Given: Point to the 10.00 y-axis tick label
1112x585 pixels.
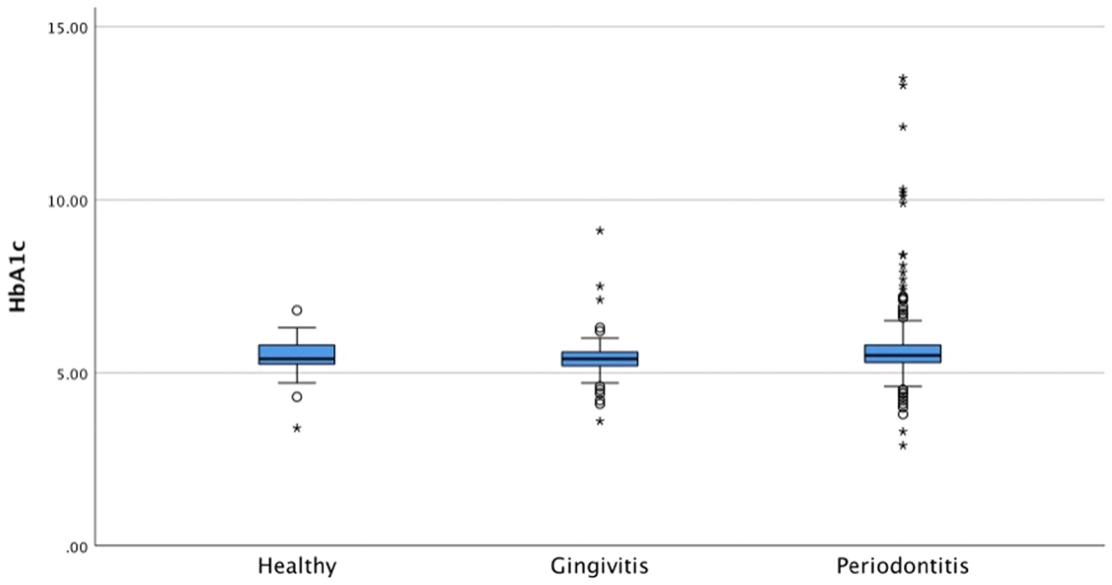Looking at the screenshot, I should tap(67, 202).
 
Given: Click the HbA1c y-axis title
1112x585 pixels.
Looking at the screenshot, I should tap(18, 277).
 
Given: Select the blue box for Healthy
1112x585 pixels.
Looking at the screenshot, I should tap(297, 354).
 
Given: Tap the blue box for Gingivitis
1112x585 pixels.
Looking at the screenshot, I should tap(599, 359).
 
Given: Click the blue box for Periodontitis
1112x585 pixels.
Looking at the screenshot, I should tap(903, 354).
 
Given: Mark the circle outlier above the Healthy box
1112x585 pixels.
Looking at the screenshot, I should tap(297, 310).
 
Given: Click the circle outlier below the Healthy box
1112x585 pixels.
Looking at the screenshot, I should tap(297, 397).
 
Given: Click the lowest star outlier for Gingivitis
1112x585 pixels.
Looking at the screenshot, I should tap(600, 422).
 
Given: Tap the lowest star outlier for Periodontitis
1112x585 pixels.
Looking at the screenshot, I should tap(903, 446).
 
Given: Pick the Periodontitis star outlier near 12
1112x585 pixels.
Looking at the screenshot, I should tap(903, 127).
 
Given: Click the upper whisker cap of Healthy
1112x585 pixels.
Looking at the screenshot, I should tap(297, 327).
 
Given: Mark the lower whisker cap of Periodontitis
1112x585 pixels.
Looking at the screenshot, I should tap(903, 386).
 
